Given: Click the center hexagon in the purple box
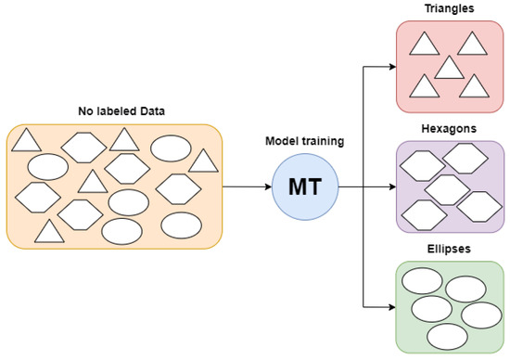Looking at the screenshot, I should coord(448,188).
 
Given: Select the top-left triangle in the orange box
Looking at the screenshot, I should coord(25,141).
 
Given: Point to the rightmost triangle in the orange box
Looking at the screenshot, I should coord(203,161).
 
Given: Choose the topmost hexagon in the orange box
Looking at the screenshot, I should coord(83,146).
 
